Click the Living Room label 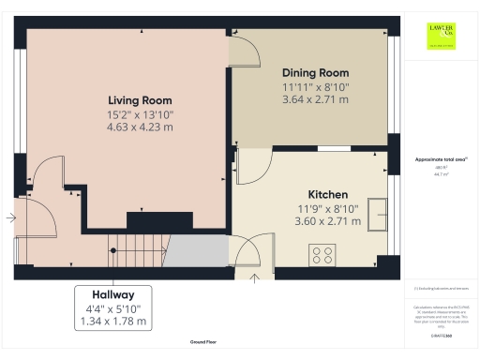click(x=140, y=99)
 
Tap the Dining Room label click(x=315, y=72)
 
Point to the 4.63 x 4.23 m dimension click(x=140, y=127)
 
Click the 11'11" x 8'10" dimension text click(x=315, y=86)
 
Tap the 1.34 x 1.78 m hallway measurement click(x=112, y=321)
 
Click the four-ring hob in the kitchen click(x=323, y=254)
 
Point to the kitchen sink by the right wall click(x=378, y=214)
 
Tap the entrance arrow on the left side click(x=9, y=217)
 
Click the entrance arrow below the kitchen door click(x=256, y=277)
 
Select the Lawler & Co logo click(x=442, y=36)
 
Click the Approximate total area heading click(x=442, y=159)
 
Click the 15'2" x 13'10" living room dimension click(x=140, y=113)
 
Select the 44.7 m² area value click(x=442, y=174)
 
